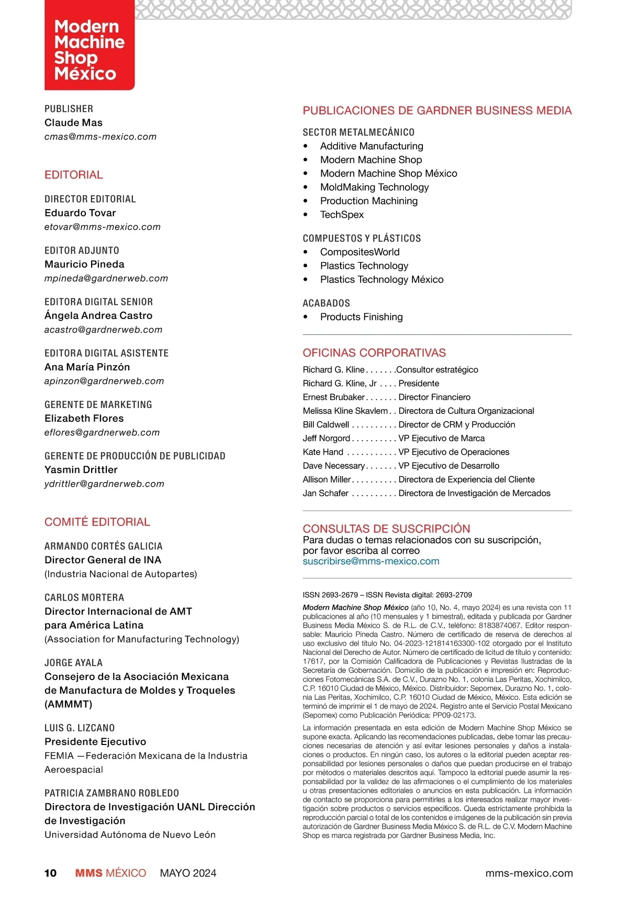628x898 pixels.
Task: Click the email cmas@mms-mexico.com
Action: click(x=100, y=137)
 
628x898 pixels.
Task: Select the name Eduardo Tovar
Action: click(x=80, y=213)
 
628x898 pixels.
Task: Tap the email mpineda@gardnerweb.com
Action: click(x=106, y=278)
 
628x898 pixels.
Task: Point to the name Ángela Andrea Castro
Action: click(x=98, y=315)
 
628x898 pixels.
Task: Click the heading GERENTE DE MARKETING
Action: click(x=98, y=404)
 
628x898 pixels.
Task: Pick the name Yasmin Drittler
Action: click(x=81, y=469)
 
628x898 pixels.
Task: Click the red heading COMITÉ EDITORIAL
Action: click(x=97, y=522)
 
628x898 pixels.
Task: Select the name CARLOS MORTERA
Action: click(x=84, y=597)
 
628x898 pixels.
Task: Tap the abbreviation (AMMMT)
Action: click(x=69, y=704)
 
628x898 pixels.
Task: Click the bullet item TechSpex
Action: click(x=342, y=214)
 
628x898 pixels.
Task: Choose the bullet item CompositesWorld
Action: click(x=360, y=252)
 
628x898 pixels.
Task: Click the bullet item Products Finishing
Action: click(x=361, y=317)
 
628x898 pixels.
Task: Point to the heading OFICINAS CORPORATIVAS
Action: click(x=374, y=353)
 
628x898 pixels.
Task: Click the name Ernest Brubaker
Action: click(x=333, y=397)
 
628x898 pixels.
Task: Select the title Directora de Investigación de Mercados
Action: click(x=474, y=493)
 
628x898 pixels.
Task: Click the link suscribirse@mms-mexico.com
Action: click(x=371, y=561)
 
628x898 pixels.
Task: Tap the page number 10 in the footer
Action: click(x=50, y=873)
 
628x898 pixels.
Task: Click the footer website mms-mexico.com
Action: click(x=529, y=873)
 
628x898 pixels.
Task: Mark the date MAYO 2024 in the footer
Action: click(x=188, y=873)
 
